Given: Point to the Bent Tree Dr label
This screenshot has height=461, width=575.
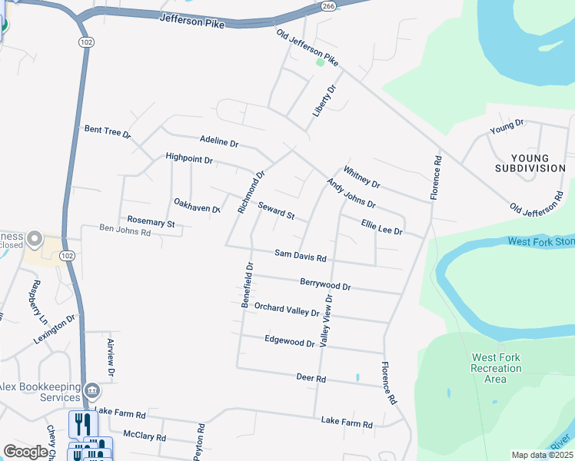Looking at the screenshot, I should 108,131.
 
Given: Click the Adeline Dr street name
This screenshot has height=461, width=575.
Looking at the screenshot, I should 219,143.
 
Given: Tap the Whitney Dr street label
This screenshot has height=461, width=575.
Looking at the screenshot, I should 361,177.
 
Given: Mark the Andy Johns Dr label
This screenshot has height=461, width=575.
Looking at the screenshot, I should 351,194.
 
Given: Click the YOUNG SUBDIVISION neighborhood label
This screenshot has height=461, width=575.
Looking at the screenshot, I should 530,162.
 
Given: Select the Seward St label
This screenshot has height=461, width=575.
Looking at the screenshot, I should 276,210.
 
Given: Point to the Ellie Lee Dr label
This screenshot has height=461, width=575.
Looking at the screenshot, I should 382,225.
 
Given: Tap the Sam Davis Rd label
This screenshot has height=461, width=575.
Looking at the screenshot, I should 301,255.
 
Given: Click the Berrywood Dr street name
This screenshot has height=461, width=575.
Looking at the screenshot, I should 325,284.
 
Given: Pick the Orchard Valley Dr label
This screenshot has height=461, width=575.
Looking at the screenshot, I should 287,309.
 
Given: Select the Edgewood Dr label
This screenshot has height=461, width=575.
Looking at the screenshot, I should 289,340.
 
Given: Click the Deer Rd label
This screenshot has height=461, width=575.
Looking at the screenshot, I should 311,378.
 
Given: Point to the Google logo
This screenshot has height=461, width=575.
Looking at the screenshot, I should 26,452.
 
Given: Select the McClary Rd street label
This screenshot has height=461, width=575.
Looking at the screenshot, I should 145,436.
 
